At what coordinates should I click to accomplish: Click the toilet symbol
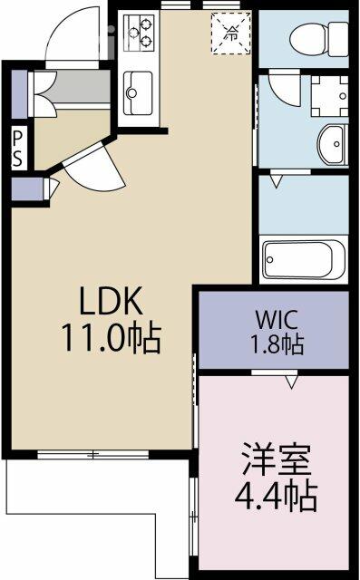click(319, 38)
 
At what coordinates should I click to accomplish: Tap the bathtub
click(304, 258)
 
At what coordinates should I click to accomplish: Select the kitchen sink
click(138, 92)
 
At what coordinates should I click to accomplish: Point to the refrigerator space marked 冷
click(230, 33)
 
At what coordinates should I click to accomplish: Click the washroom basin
click(332, 145)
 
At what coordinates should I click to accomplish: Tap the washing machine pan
click(329, 96)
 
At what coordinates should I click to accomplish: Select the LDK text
click(111, 301)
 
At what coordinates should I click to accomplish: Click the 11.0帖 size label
click(112, 338)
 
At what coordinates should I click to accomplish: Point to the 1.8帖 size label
click(277, 344)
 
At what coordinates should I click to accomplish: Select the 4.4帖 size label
click(276, 497)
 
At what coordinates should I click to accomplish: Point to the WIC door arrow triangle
click(292, 382)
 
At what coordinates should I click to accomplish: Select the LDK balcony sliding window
click(92, 455)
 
